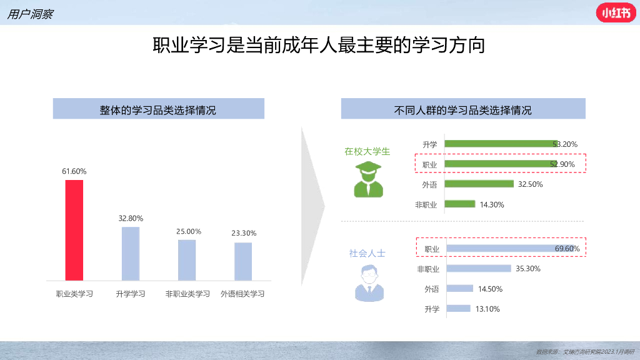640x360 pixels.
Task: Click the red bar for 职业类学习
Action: [74, 230]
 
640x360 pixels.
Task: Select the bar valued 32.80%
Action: [131, 253]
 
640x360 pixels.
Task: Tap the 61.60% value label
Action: [74, 171]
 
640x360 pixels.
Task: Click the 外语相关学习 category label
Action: [242, 294]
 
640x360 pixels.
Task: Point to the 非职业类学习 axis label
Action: [187, 294]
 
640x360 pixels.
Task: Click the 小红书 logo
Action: [616, 12]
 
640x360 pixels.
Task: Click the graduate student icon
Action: [368, 180]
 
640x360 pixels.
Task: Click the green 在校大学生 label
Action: [367, 151]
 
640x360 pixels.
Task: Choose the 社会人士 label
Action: [367, 254]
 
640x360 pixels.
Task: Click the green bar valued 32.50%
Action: [479, 184]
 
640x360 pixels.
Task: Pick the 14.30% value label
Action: [492, 204]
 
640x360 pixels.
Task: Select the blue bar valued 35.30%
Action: [479, 269]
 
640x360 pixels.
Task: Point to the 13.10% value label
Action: [487, 309]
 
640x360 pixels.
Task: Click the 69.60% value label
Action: [567, 249]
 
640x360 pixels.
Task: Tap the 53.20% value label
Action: [565, 144]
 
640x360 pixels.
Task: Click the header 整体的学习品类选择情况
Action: [158, 110]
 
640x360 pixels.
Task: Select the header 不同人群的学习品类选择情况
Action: [462, 110]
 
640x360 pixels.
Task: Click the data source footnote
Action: [585, 352]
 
